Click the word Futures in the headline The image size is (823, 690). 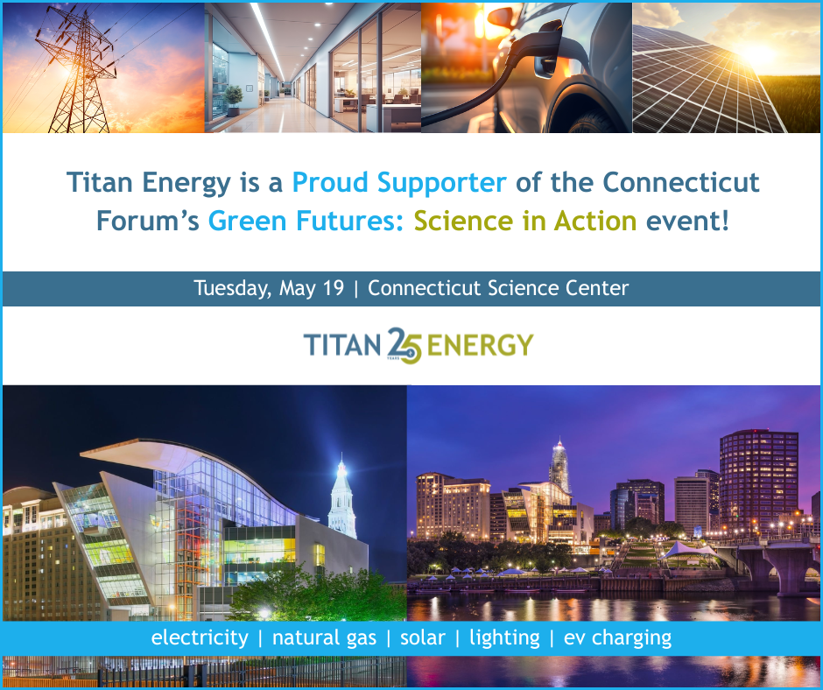coord(347,220)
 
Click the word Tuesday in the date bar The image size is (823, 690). coord(231,288)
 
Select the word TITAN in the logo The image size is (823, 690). coord(344,344)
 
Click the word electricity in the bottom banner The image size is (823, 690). coord(200,637)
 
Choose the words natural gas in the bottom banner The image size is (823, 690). coord(324,637)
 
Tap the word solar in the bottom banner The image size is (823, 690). coord(423,637)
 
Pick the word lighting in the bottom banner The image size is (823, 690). coord(504,637)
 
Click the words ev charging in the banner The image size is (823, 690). coord(617,637)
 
